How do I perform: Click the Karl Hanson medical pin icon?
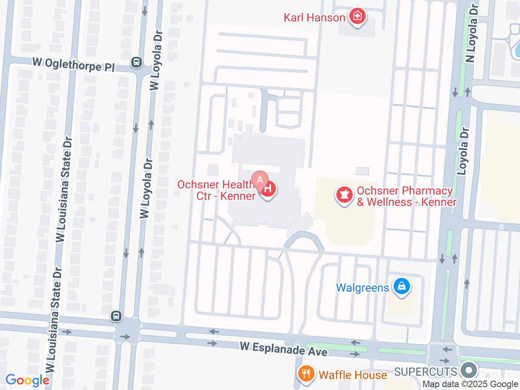(357, 17)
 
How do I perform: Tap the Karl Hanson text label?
(314, 18)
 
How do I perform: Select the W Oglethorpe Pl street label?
(74, 65)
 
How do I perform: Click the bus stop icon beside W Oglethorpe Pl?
(136, 62)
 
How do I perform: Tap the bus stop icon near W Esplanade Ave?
(116, 316)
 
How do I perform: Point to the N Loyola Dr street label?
(472, 33)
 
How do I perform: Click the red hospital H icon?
(268, 189)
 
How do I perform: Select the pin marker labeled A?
(260, 179)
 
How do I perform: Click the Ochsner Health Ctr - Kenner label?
(217, 190)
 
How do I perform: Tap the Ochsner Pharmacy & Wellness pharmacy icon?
(344, 195)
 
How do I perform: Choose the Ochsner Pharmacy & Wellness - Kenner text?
(406, 197)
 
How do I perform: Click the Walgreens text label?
(362, 288)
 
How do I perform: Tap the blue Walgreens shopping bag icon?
(401, 286)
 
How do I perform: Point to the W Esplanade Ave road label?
(284, 349)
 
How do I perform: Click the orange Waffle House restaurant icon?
(306, 374)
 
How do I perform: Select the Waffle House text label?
(352, 375)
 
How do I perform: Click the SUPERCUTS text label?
(425, 372)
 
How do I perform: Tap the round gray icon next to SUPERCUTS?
(469, 370)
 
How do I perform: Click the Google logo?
(27, 381)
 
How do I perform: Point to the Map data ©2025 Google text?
(470, 384)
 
